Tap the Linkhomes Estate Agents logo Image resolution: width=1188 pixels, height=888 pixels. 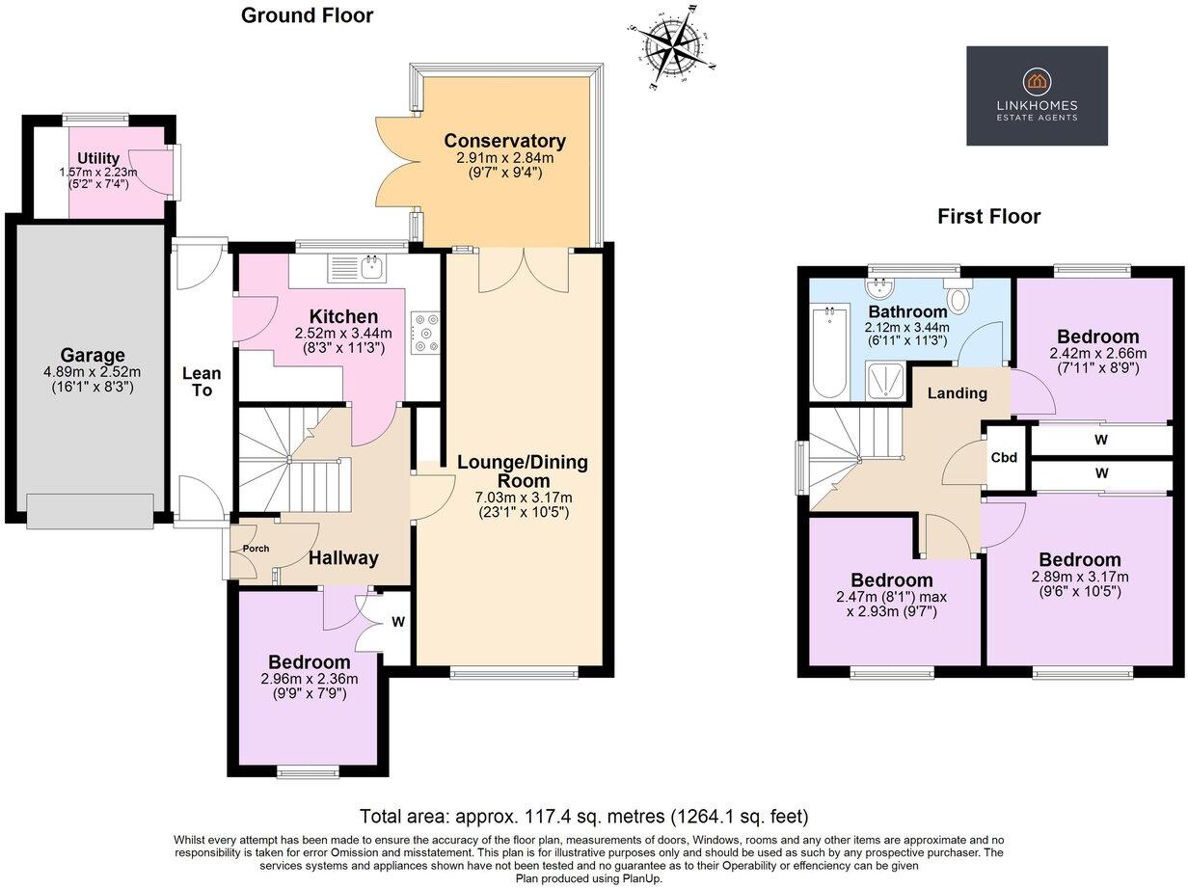(1037, 95)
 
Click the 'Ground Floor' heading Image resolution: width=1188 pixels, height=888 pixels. (307, 15)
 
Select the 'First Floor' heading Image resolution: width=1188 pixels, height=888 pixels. (988, 217)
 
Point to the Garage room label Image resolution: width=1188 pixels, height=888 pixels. (93, 356)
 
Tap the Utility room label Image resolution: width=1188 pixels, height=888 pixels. (98, 159)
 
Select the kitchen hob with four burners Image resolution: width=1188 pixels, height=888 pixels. (425, 333)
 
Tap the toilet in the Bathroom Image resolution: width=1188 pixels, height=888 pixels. (959, 298)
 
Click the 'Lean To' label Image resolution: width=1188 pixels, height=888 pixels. (202, 382)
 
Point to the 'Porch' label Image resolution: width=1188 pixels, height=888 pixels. (256, 549)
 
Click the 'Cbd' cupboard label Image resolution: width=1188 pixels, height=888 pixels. (1004, 458)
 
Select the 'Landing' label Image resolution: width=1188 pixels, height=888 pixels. (957, 393)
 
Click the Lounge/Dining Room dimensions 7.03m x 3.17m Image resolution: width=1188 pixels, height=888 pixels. (523, 498)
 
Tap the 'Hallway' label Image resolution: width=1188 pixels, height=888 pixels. (343, 557)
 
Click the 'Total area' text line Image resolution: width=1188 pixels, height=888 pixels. (583, 816)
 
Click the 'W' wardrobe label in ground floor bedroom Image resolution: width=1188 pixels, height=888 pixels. (397, 622)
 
